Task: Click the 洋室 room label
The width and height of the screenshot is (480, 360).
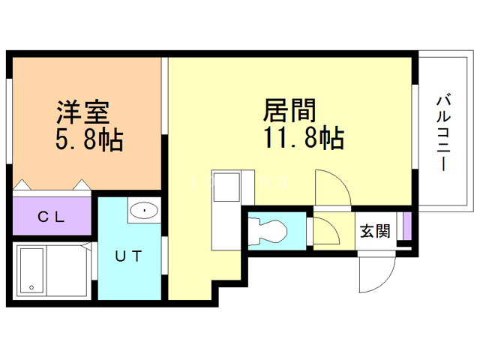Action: pyautogui.click(x=83, y=112)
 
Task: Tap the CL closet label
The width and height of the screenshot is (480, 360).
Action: pyautogui.click(x=51, y=217)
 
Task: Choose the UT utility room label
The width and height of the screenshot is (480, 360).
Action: pyautogui.click(x=127, y=256)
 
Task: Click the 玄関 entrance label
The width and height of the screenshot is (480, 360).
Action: pyautogui.click(x=375, y=230)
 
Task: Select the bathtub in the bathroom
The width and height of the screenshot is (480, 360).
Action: pyautogui.click(x=32, y=271)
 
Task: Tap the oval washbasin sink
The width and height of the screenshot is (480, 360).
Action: pyautogui.click(x=142, y=211)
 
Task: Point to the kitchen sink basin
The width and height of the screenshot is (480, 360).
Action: pyautogui.click(x=224, y=187)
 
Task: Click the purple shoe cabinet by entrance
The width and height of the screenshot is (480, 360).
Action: pyautogui.click(x=406, y=226)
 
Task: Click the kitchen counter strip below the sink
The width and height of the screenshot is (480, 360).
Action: pyautogui.click(x=224, y=224)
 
